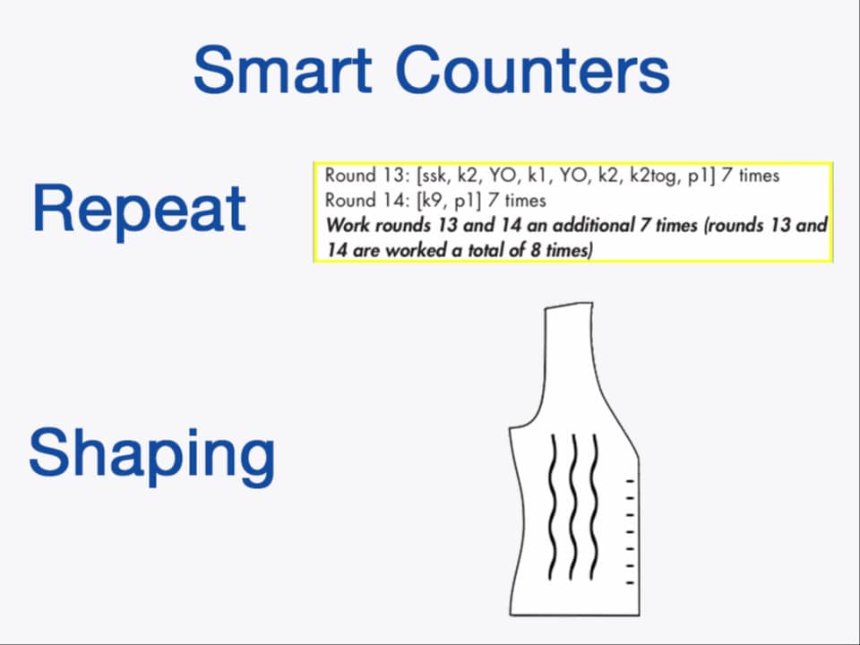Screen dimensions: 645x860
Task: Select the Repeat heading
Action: [x=139, y=208]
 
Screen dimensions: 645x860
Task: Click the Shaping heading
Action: [x=152, y=453]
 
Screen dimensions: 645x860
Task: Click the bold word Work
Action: [x=346, y=225]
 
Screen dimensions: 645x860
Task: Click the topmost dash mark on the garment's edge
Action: [x=631, y=481]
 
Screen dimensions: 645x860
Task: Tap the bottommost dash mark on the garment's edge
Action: [x=631, y=582]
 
